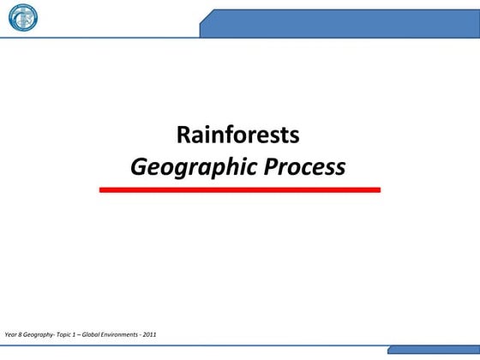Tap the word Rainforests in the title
coord(238,135)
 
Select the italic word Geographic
coord(188,165)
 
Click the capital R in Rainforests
coord(183,135)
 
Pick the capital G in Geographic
coord(139,165)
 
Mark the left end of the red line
coord(102,189)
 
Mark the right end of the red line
coord(378,189)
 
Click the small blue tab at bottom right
coord(433,351)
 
